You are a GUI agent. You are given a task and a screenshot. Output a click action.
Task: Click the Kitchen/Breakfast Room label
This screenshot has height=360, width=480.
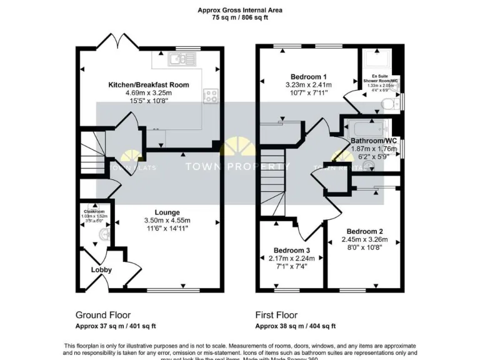(149, 84)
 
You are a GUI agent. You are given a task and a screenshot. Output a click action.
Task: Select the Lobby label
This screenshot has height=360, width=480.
(101, 270)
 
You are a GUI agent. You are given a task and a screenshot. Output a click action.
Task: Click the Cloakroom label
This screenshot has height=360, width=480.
(94, 211)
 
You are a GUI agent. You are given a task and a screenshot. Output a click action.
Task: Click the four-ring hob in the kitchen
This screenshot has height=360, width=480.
(211, 96)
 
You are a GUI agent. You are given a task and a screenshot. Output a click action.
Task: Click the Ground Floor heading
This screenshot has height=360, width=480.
(103, 315)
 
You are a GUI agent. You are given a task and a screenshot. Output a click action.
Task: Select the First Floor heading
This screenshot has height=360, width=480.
(276, 315)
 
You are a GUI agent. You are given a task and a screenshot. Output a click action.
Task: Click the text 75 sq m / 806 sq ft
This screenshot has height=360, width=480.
(240, 19)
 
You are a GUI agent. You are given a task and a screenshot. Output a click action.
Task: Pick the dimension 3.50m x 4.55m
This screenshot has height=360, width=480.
(167, 221)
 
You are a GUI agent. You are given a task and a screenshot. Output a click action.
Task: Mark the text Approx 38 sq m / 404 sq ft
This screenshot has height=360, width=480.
(296, 326)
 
